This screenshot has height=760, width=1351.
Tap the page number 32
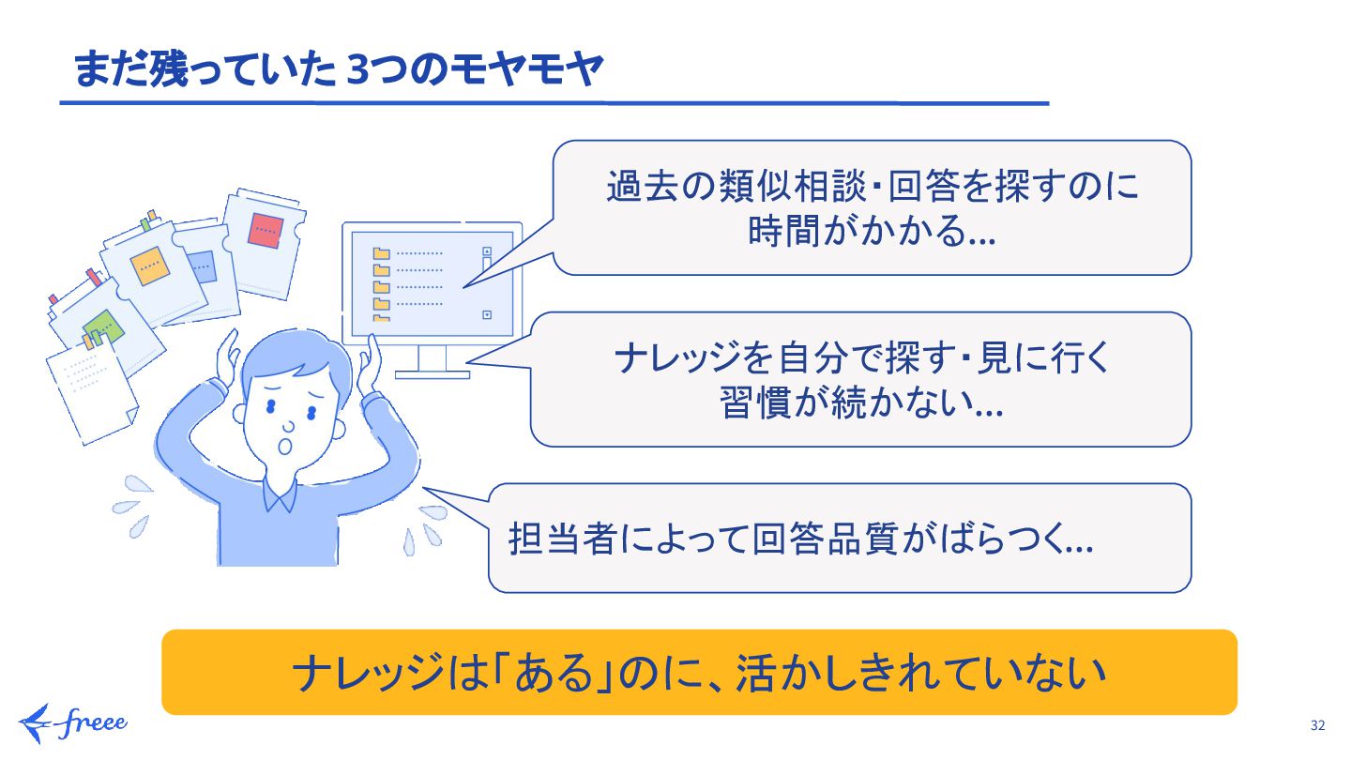click(1317, 725)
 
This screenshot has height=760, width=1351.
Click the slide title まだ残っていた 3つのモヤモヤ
click(338, 71)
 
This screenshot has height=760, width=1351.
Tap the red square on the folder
click(266, 230)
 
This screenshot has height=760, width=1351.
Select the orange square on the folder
click(148, 265)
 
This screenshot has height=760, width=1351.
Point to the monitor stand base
click(432, 373)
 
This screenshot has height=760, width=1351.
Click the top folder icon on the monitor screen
click(381, 253)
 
